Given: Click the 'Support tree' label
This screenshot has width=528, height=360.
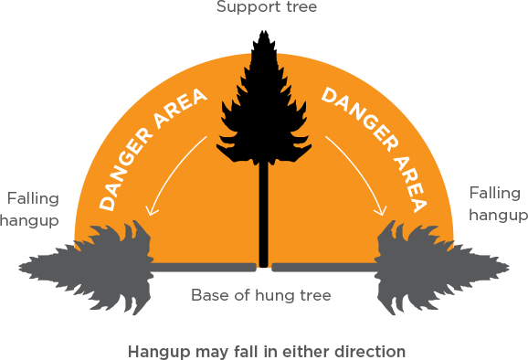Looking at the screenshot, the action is (x=263, y=8).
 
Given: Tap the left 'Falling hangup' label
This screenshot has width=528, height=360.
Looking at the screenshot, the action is (x=33, y=209).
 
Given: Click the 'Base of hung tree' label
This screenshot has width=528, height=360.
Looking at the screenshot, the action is (x=260, y=295).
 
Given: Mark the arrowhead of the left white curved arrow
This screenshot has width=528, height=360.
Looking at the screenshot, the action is (x=151, y=213).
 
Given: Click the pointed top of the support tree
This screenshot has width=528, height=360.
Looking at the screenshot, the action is (x=263, y=33).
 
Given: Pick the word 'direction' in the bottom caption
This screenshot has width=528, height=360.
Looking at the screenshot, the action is (x=373, y=351).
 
